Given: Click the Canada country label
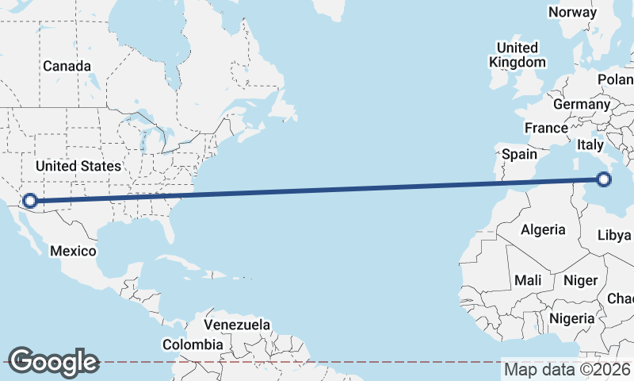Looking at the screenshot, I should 67,67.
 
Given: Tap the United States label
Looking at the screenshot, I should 78,167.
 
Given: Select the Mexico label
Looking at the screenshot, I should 73,251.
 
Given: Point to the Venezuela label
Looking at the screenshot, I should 237,325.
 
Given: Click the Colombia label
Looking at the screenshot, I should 193,344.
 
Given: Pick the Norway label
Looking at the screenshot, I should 572,12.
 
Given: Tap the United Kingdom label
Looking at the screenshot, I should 518,55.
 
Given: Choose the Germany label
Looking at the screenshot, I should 582,104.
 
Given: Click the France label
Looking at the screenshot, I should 546,128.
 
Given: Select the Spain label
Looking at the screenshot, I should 519,154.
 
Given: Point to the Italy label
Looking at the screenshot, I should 590,144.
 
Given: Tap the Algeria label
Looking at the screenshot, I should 543,229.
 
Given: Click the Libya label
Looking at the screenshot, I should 614,236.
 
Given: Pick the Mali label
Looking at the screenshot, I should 528,280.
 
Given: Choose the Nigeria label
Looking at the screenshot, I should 571,318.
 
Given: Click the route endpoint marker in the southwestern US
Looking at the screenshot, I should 30,201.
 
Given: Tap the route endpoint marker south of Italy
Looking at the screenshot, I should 604,179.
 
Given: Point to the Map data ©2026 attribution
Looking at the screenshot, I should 567,369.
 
